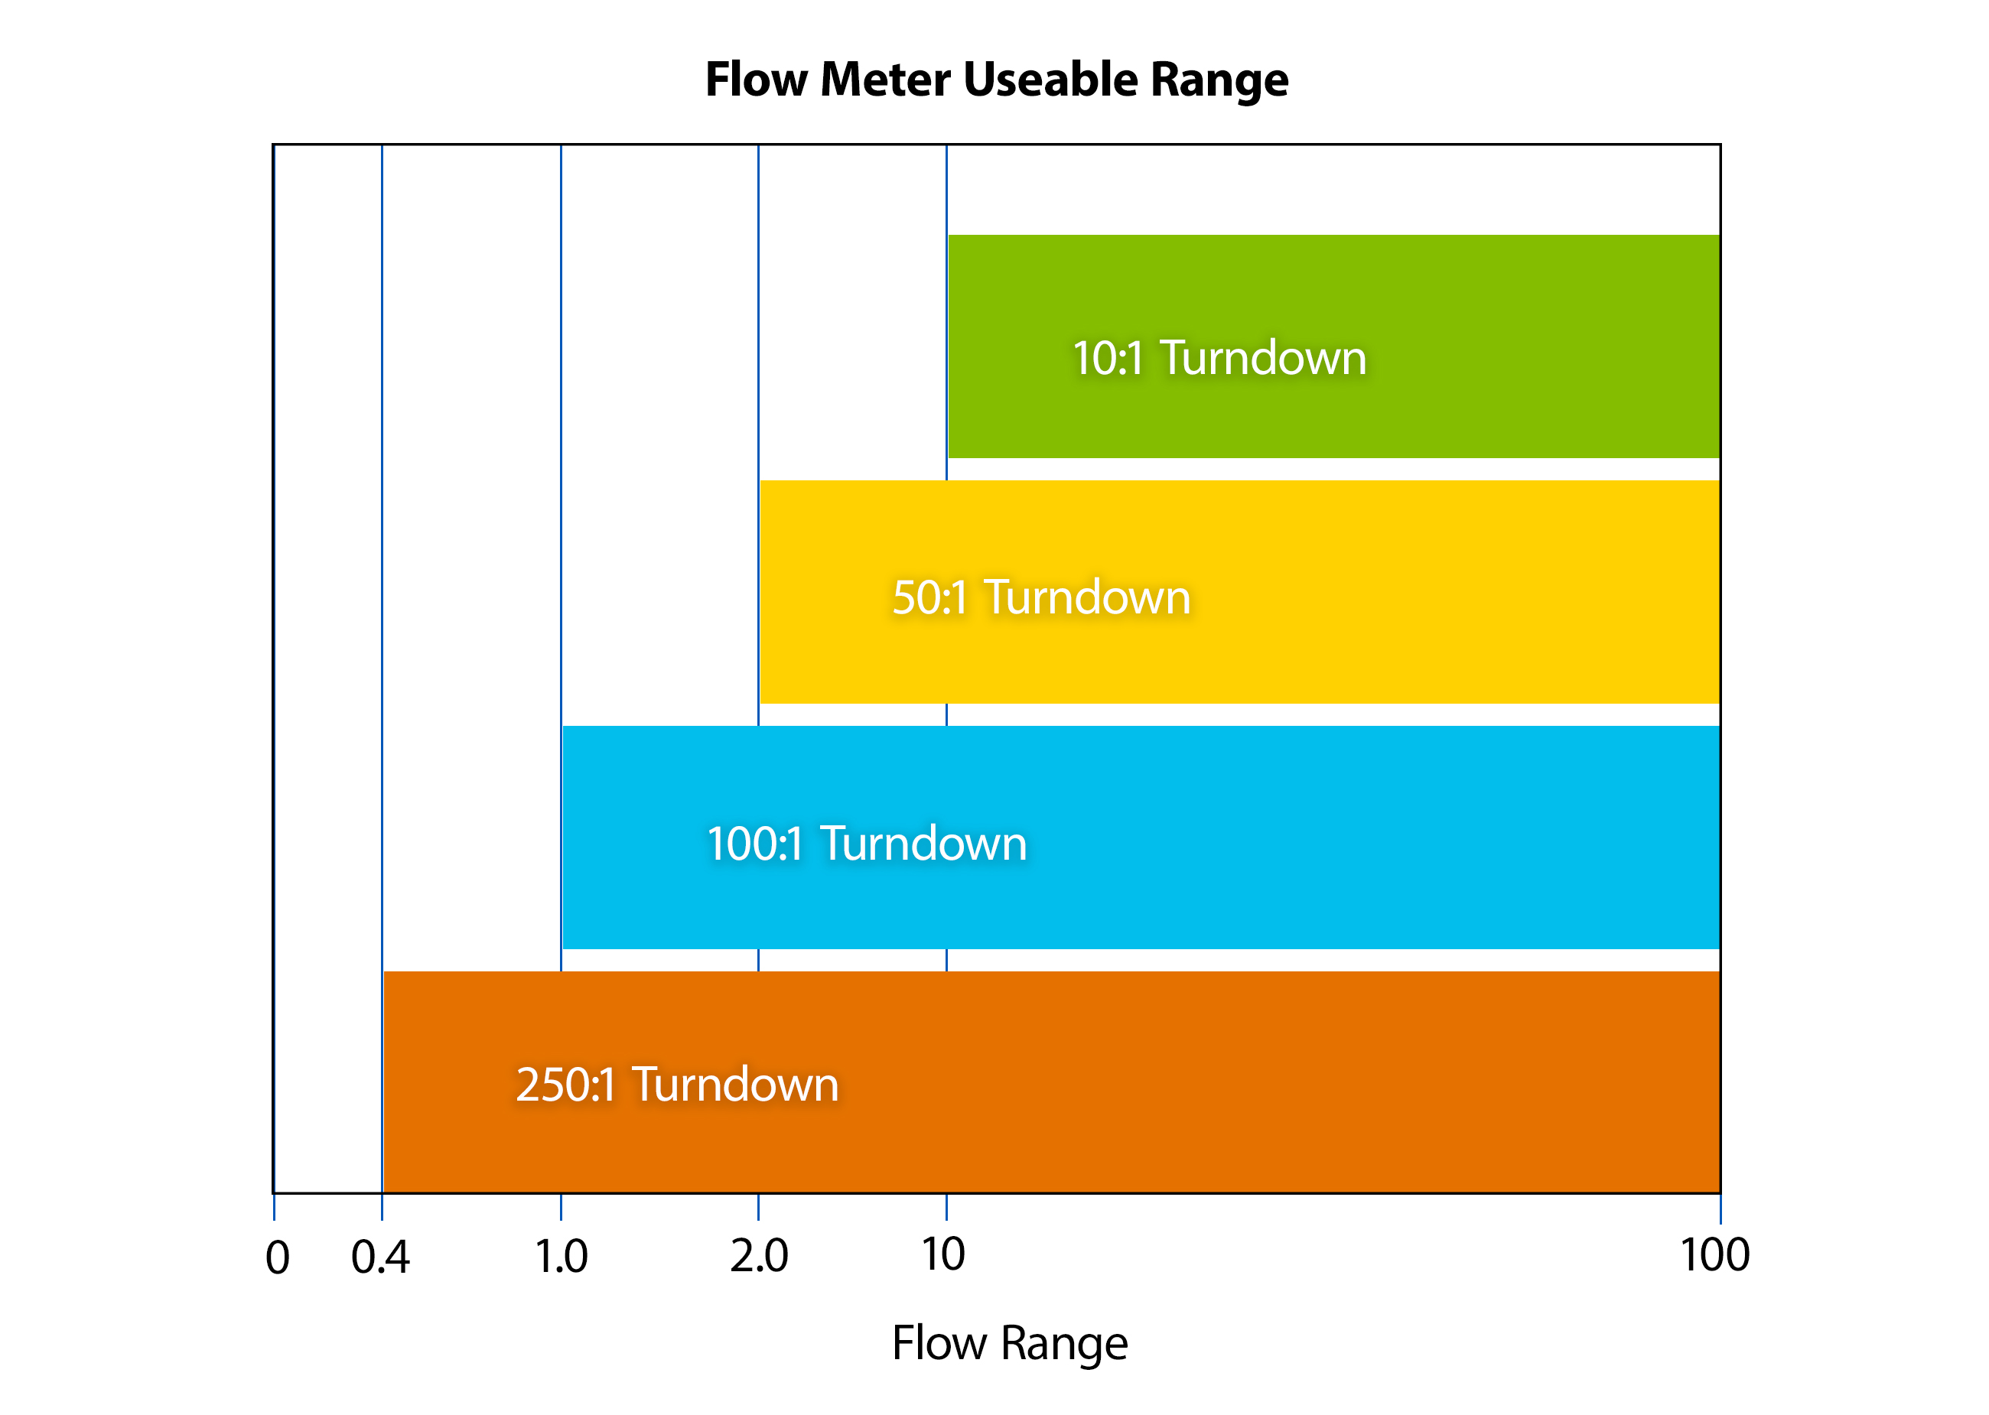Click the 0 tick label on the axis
277,1257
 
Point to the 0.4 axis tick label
380,1257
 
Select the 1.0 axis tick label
561,1257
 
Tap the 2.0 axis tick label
759,1257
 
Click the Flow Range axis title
1009,1342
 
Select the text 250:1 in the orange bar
566,1085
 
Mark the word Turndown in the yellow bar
1087,597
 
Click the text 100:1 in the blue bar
754,844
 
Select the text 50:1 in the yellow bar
929,597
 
